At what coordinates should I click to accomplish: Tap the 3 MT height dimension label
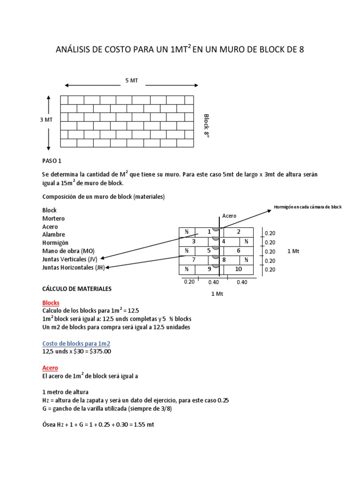[x=46, y=120]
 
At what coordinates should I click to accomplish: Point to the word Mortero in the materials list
[x=54, y=218]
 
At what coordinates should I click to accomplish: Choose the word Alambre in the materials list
[x=54, y=234]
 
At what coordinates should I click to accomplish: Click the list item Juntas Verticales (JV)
[x=70, y=259]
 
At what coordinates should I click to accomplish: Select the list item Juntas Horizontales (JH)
[x=74, y=268]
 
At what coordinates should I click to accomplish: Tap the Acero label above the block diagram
[x=229, y=216]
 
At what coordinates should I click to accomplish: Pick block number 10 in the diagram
[x=239, y=269]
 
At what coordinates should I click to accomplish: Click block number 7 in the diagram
[x=194, y=260]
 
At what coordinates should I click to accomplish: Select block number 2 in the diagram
[x=239, y=232]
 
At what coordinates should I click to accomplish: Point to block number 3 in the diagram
[x=194, y=241]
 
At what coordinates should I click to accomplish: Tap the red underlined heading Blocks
[x=51, y=303]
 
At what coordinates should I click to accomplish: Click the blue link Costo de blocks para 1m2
[x=76, y=344]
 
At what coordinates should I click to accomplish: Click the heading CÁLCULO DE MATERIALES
[x=77, y=289]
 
